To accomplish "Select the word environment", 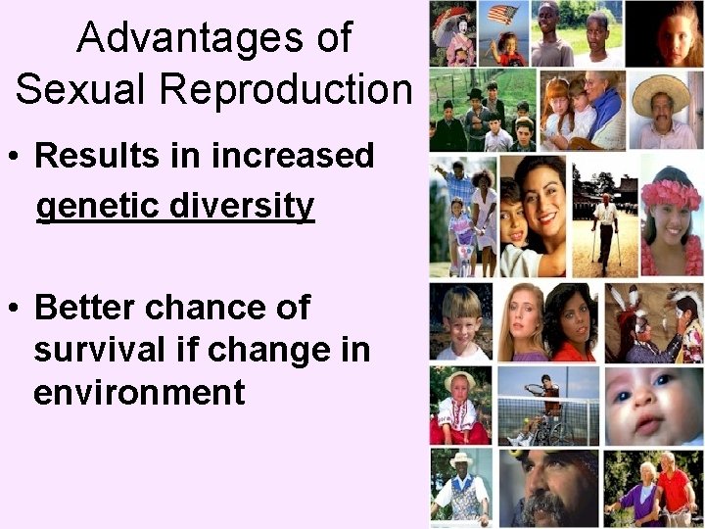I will pyautogui.click(x=138, y=393).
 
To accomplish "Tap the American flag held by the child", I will pyautogui.click(x=503, y=15).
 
